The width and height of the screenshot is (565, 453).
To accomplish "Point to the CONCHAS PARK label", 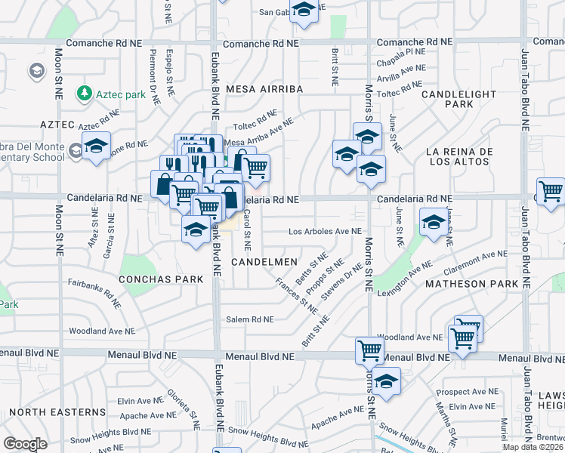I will tap(161, 279).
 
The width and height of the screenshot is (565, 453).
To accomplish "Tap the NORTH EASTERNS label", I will tap(58, 412).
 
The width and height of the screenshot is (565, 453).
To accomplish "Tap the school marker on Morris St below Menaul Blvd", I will tap(386, 381).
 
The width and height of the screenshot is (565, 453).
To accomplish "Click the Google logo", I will tap(25, 444).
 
